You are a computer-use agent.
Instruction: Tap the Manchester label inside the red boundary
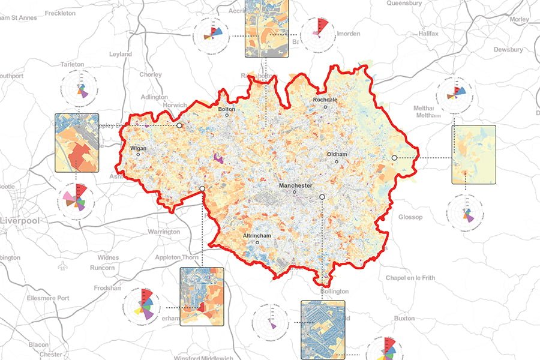[x=295, y=186]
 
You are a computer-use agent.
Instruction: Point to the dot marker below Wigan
[x=138, y=154]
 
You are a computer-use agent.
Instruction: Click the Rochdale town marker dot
[x=326, y=107]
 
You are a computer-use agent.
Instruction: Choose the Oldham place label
[x=337, y=154]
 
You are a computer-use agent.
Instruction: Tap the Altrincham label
[x=257, y=236]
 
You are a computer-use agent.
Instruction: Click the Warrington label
[x=163, y=232]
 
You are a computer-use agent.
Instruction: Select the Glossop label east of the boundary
[x=410, y=217]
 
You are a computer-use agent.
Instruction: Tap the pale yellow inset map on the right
[x=473, y=154]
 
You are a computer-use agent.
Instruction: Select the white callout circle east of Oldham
[x=394, y=157]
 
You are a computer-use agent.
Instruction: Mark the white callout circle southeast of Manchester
[x=322, y=197]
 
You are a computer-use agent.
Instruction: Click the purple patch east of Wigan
[x=218, y=159]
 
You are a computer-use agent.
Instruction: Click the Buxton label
[x=404, y=318]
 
